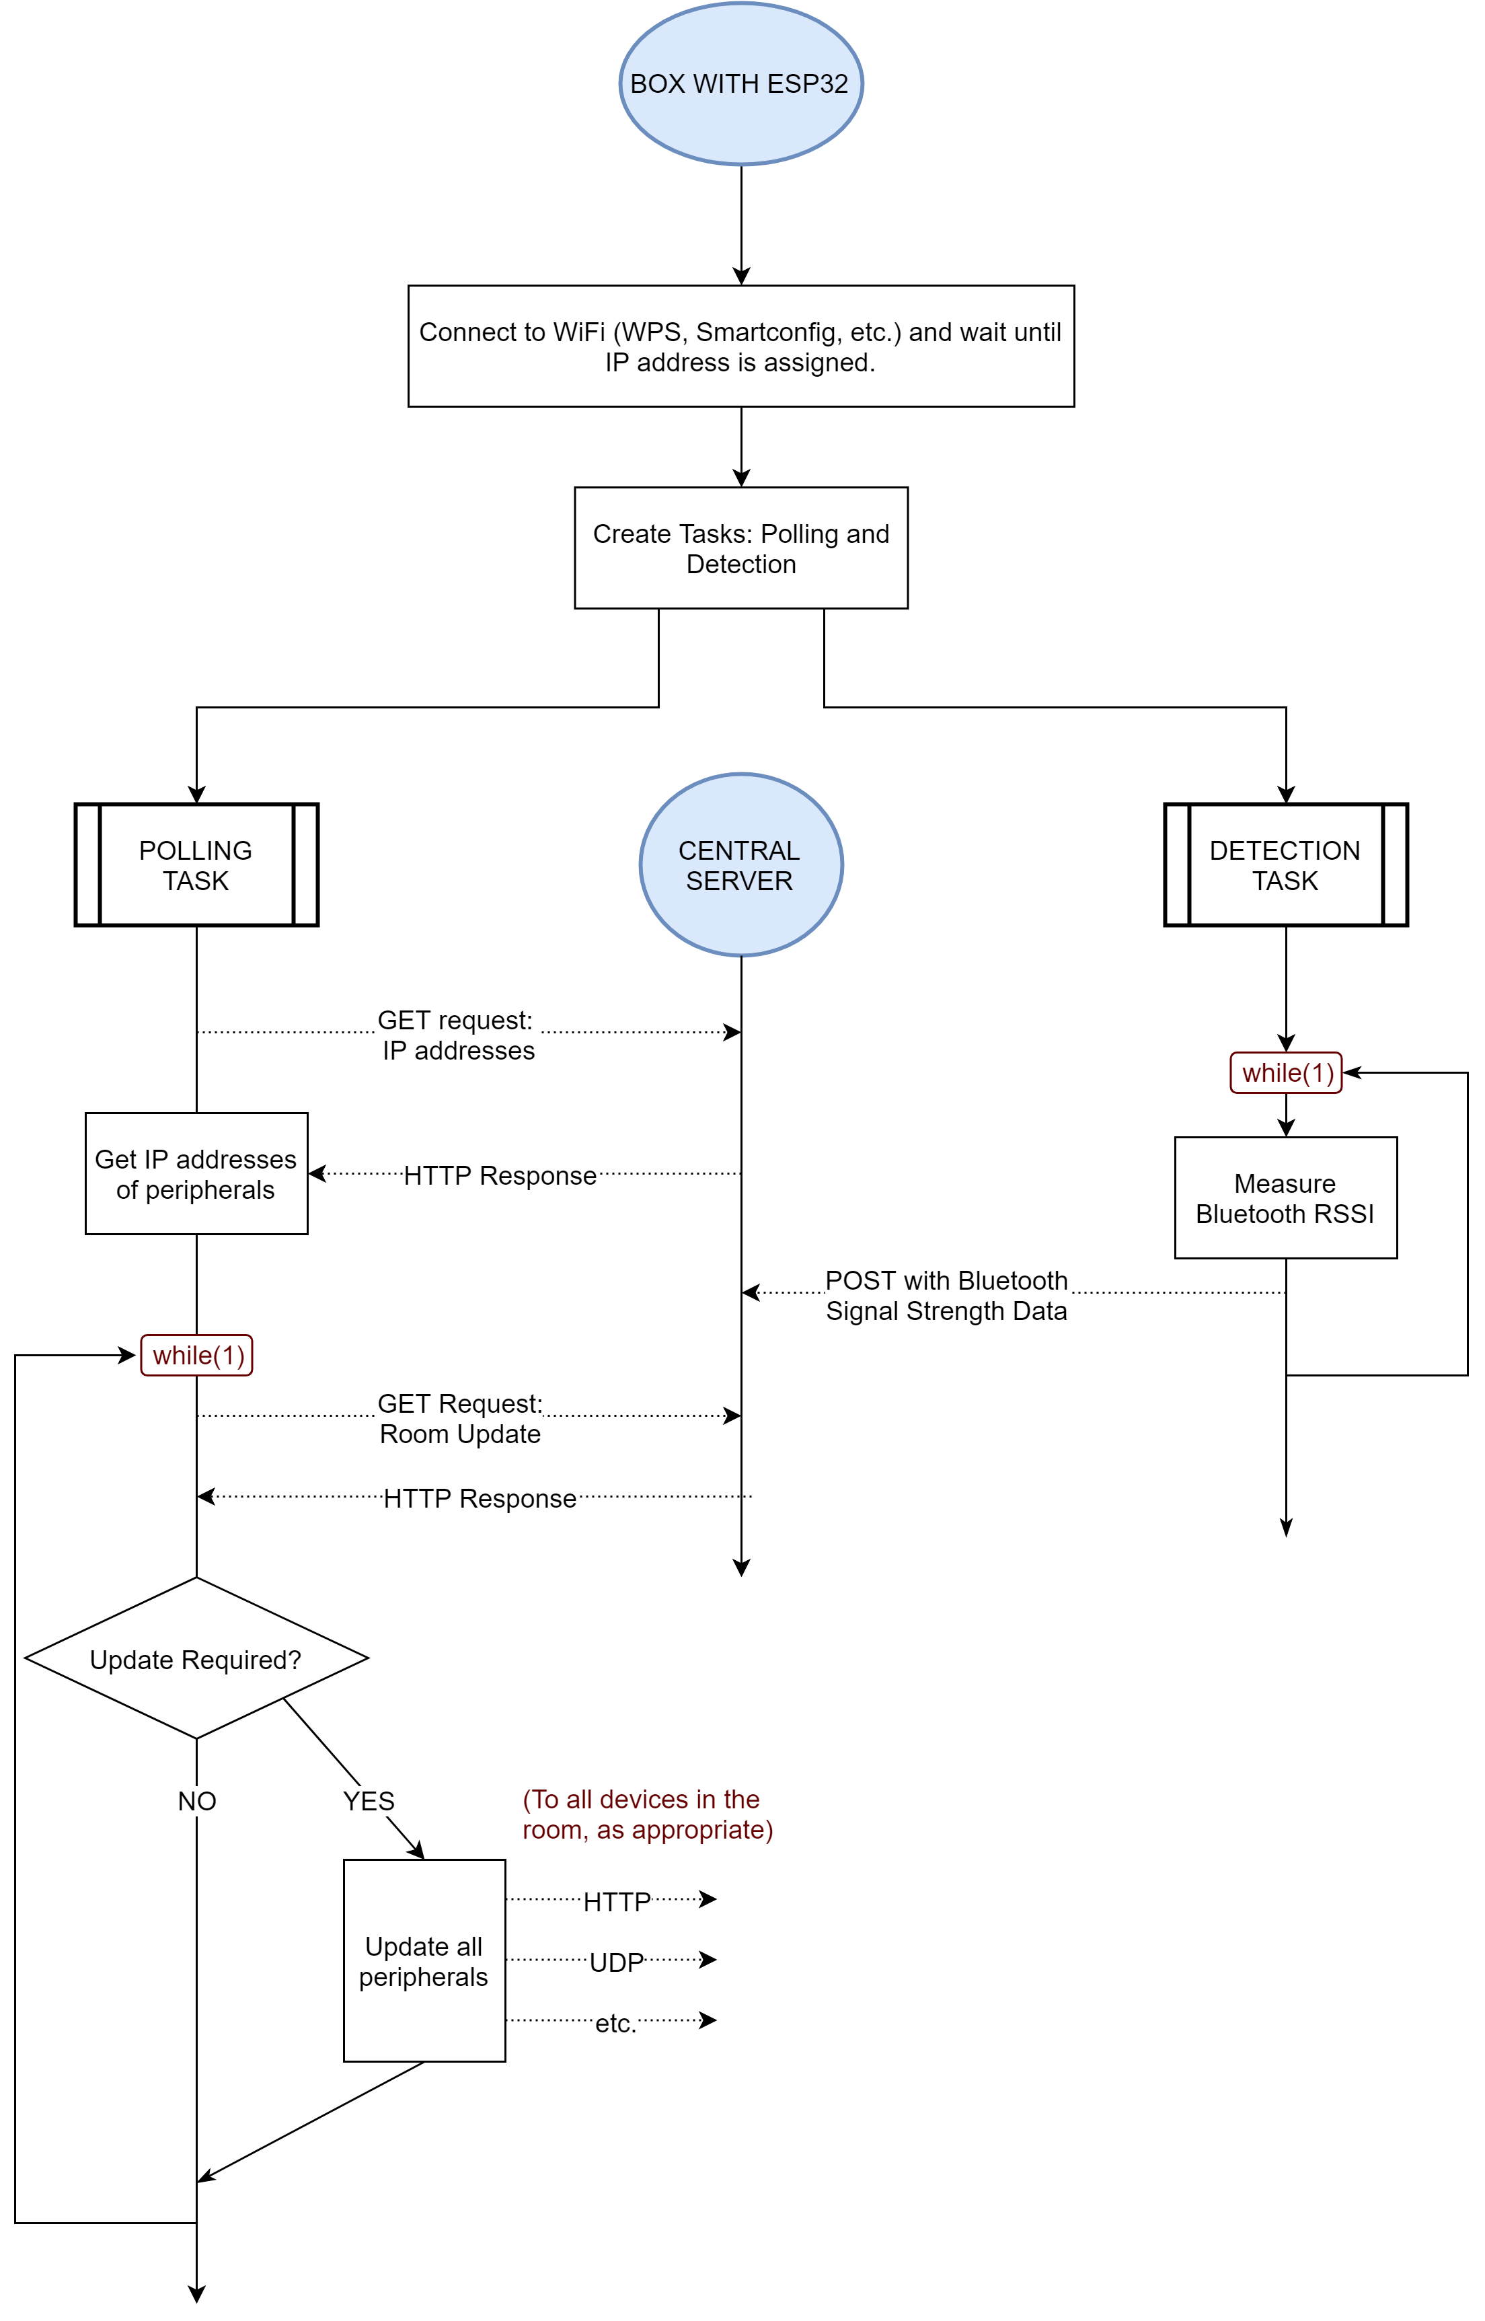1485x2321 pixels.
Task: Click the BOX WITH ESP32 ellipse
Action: (740, 84)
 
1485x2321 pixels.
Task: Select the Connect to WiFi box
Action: (740, 346)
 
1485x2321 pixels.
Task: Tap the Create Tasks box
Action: (740, 548)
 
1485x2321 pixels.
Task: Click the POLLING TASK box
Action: (196, 865)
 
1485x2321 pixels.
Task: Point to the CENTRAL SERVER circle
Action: (740, 865)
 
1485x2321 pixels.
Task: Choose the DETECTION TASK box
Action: (1285, 865)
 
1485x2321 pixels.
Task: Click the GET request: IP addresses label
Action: (458, 1035)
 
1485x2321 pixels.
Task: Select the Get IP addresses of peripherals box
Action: (196, 1173)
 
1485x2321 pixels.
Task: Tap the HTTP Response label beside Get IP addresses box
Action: (500, 1175)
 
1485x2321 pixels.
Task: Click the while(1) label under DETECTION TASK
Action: (1285, 1072)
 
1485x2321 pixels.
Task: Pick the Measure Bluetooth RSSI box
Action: (1285, 1198)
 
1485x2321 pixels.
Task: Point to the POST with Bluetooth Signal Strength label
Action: (946, 1295)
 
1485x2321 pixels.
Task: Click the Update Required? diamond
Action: (196, 1658)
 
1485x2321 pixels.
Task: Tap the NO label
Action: (196, 1800)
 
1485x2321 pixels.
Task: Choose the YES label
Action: (369, 1800)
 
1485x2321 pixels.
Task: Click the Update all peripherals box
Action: (424, 1960)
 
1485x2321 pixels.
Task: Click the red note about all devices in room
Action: (647, 1814)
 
